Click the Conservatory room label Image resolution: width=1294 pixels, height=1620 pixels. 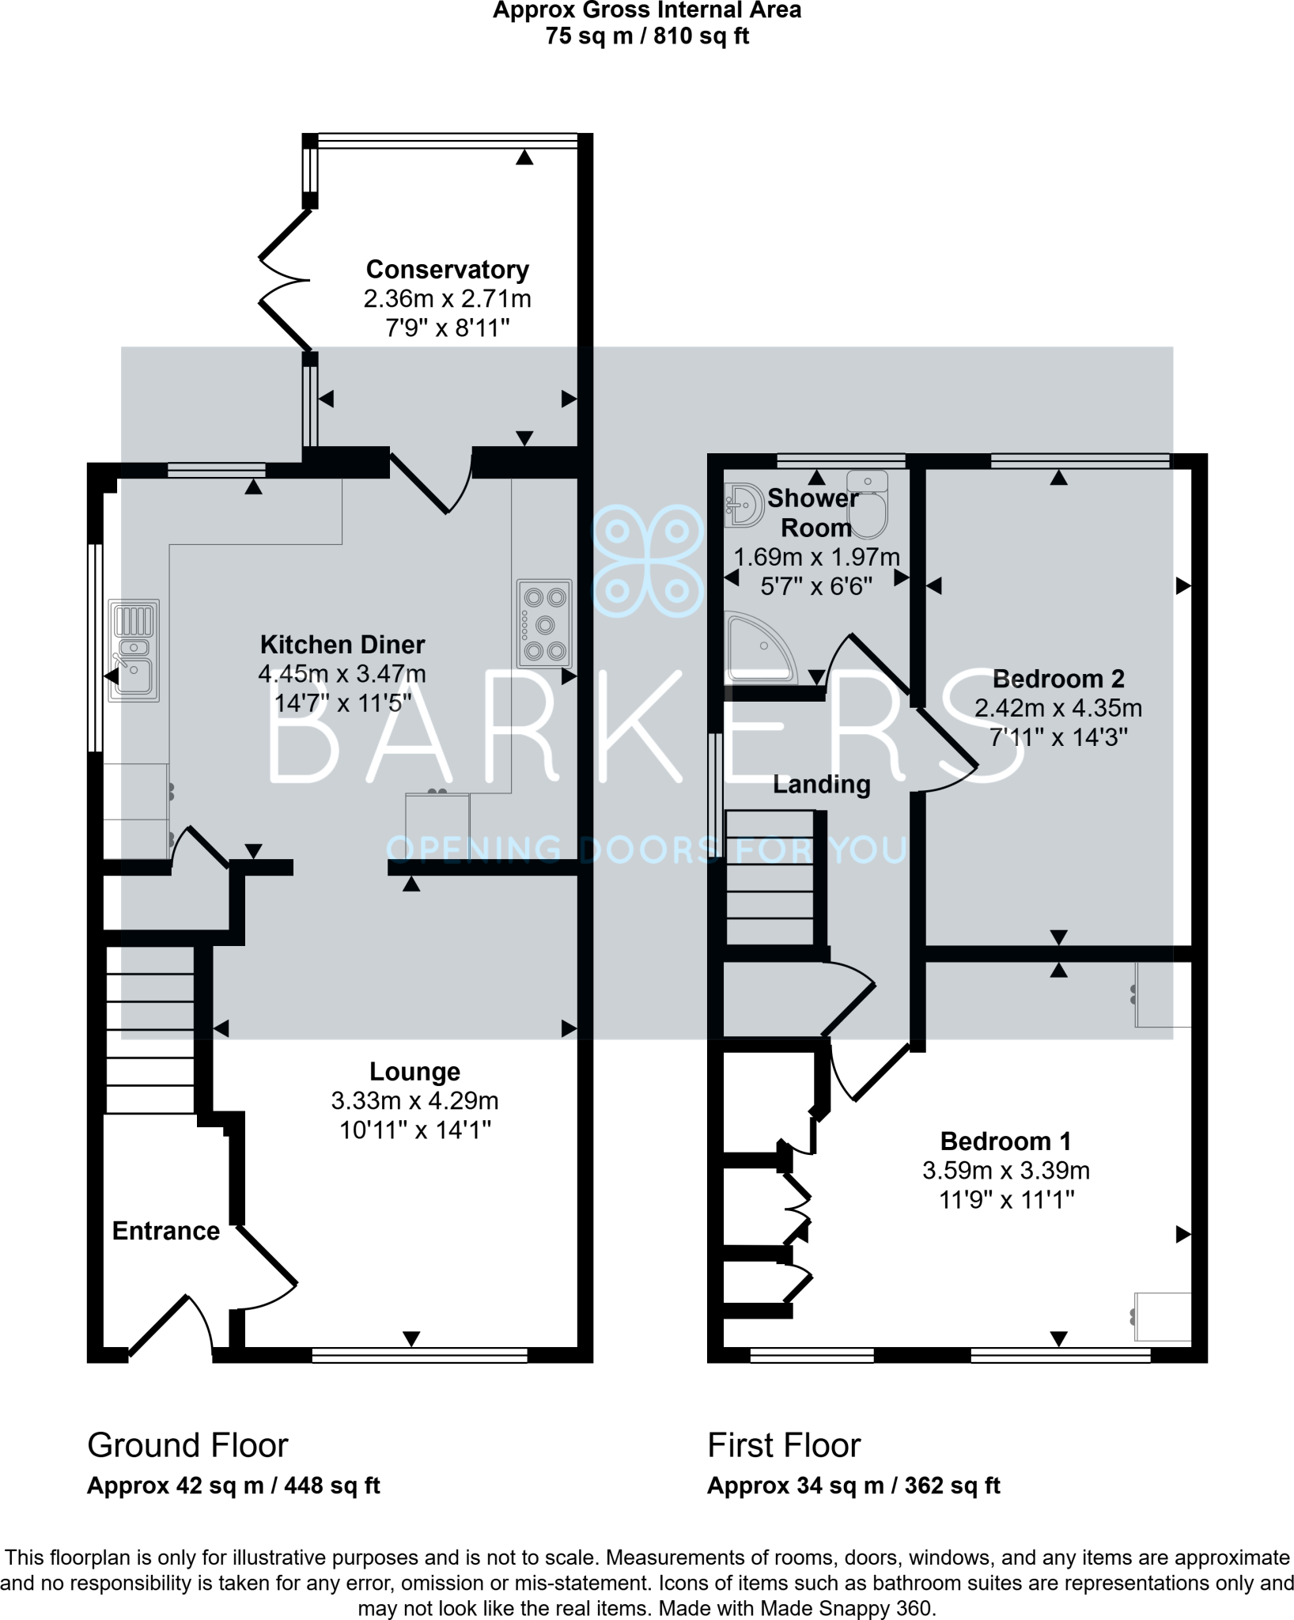click(447, 270)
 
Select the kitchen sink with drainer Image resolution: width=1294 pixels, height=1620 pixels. click(134, 650)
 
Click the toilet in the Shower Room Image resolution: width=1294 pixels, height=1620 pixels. click(868, 504)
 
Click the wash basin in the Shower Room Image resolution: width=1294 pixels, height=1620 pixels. click(741, 505)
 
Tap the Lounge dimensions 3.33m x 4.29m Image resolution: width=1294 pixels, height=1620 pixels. click(414, 1101)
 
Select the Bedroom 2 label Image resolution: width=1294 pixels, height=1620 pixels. click(1058, 679)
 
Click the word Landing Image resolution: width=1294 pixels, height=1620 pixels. click(821, 785)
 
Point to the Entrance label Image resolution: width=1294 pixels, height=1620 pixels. click(166, 1231)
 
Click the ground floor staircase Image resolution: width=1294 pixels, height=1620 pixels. click(150, 1028)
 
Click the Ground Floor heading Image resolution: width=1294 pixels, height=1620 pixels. click(187, 1445)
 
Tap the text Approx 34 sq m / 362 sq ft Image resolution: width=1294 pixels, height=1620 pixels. click(853, 1486)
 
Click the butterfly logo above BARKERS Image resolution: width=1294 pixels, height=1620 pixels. click(647, 561)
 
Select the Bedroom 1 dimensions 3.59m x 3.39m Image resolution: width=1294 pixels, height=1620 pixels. click(1005, 1171)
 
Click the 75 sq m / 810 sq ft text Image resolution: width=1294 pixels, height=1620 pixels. click(646, 36)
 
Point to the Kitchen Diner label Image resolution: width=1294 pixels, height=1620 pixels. click(342, 645)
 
